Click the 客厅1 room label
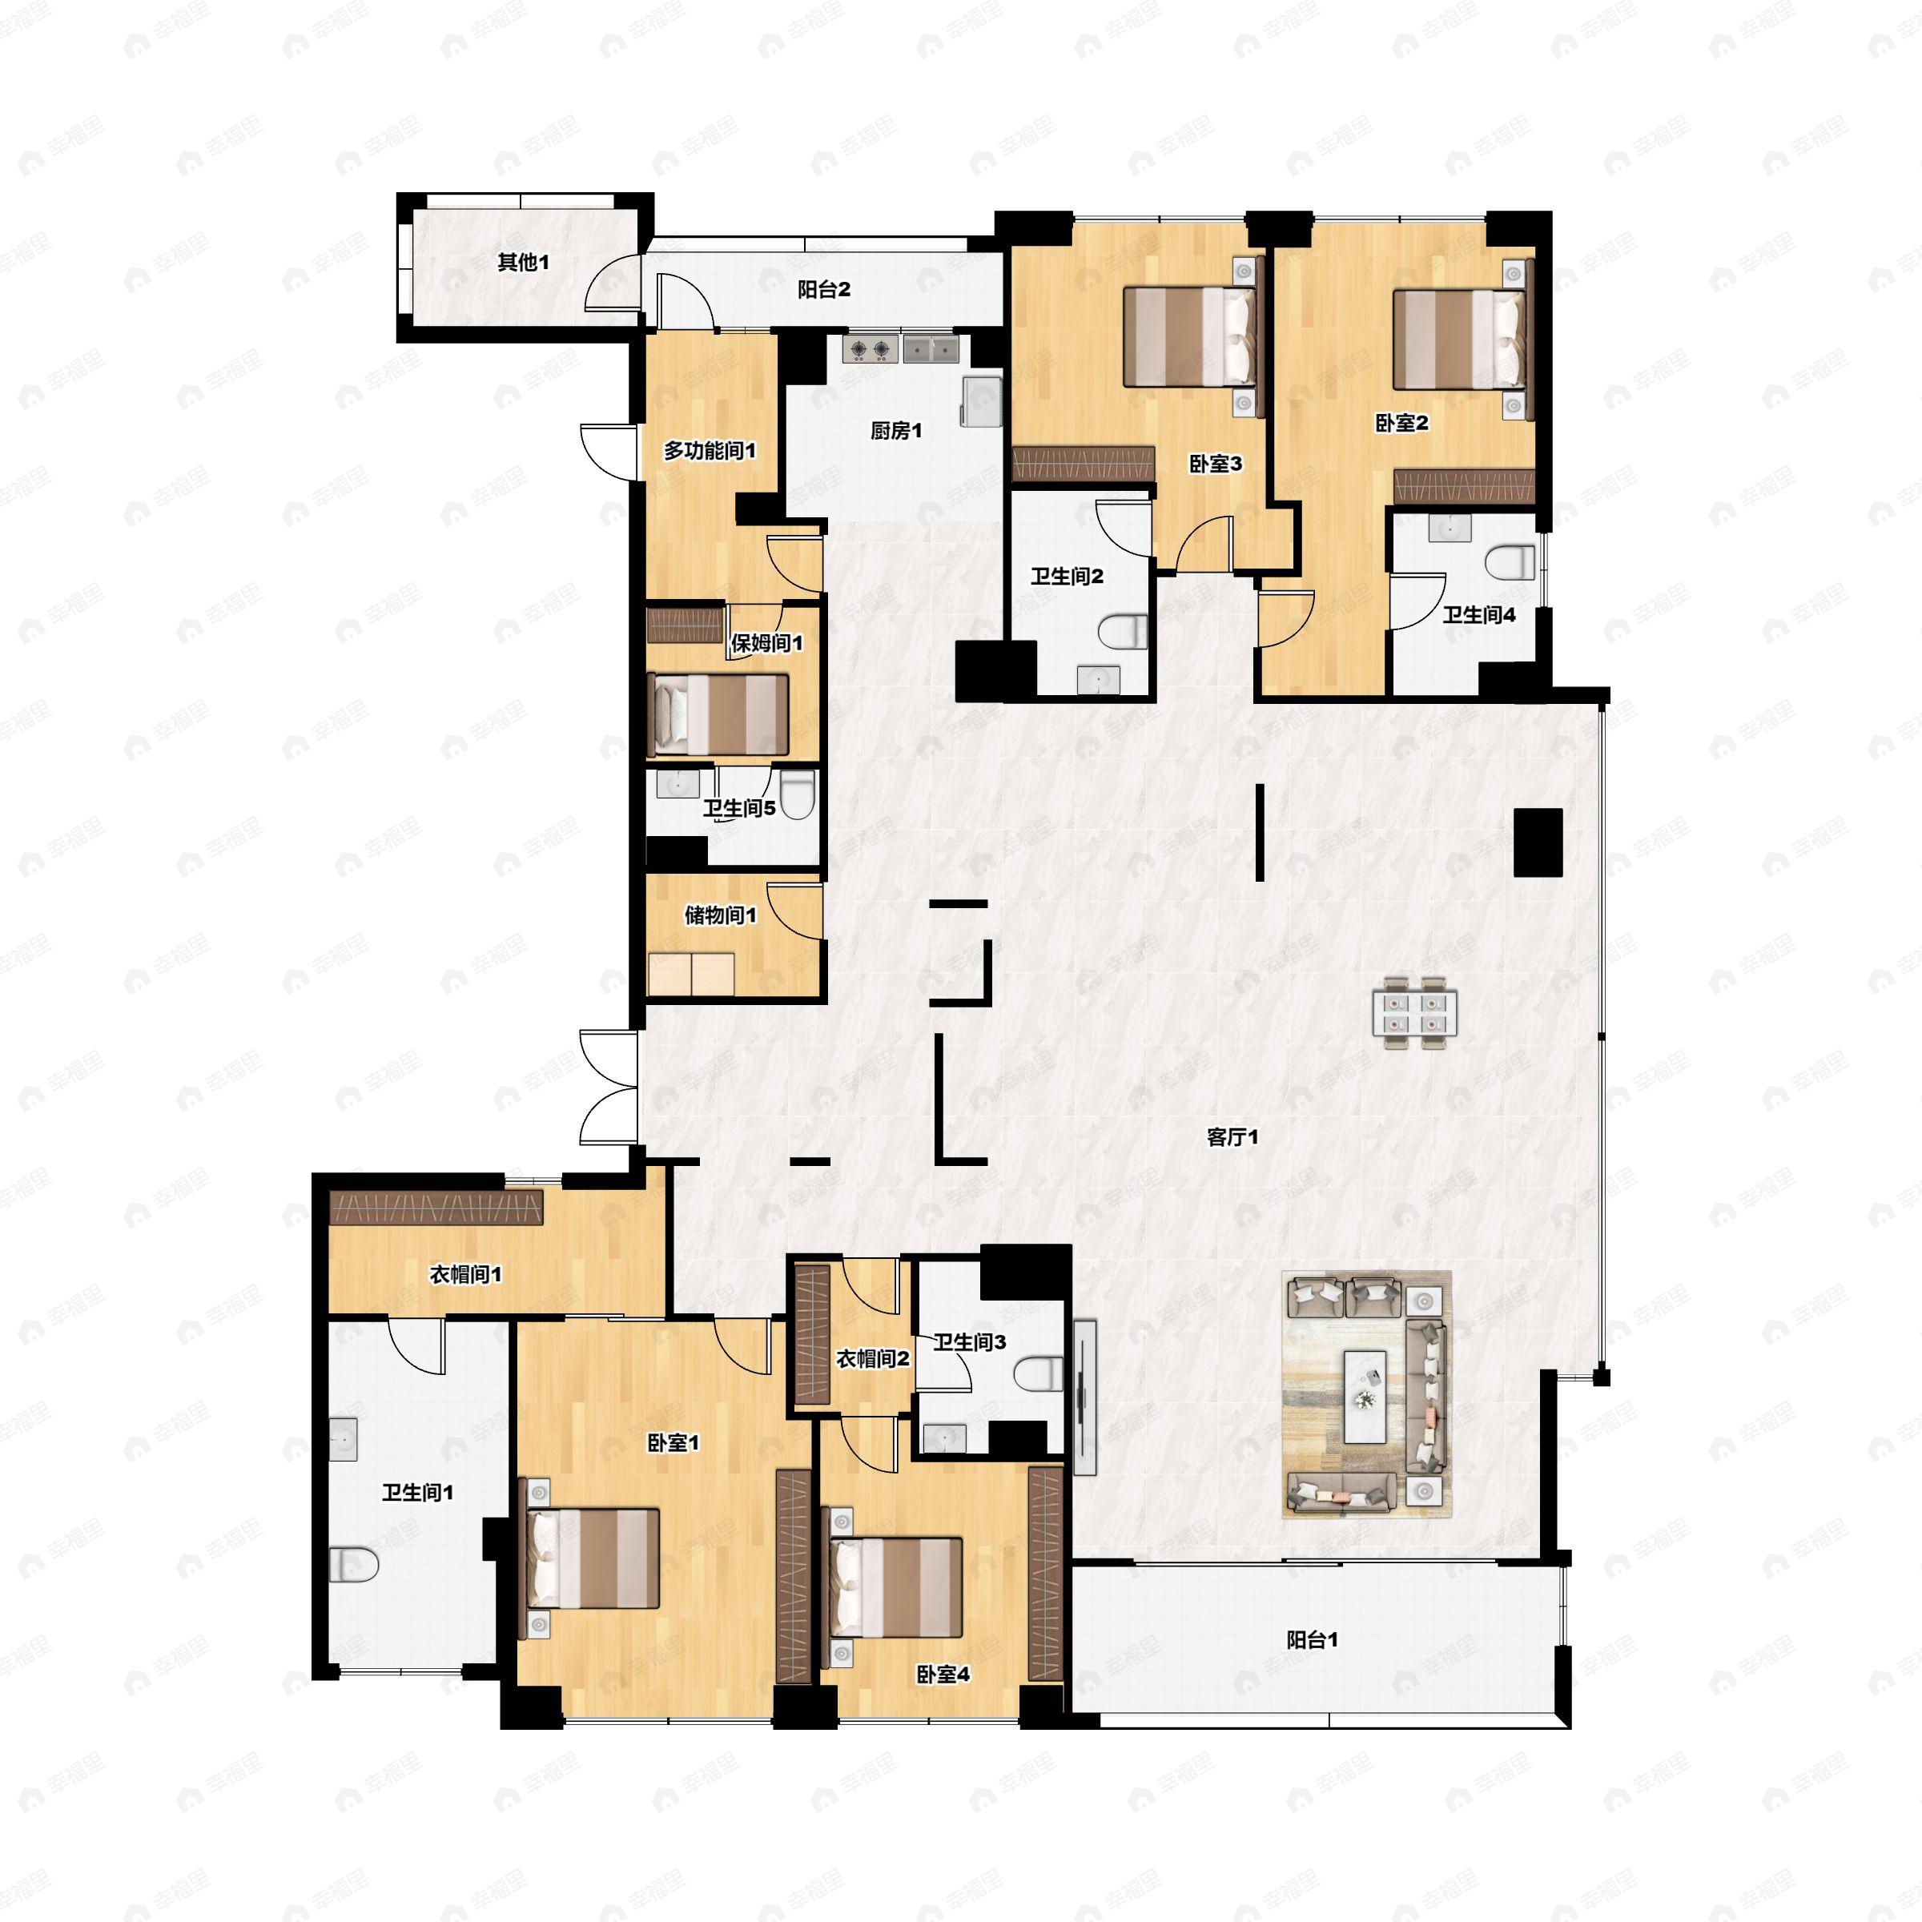pos(1232,1137)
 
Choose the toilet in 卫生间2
pos(1123,632)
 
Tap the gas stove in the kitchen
pos(871,349)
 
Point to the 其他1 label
pos(523,263)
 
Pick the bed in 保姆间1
pos(718,714)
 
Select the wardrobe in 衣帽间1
pos(436,1208)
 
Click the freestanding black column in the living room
pos(1537,842)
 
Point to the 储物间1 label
pos(720,915)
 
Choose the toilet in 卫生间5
pos(797,796)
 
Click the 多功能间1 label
pos(710,451)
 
